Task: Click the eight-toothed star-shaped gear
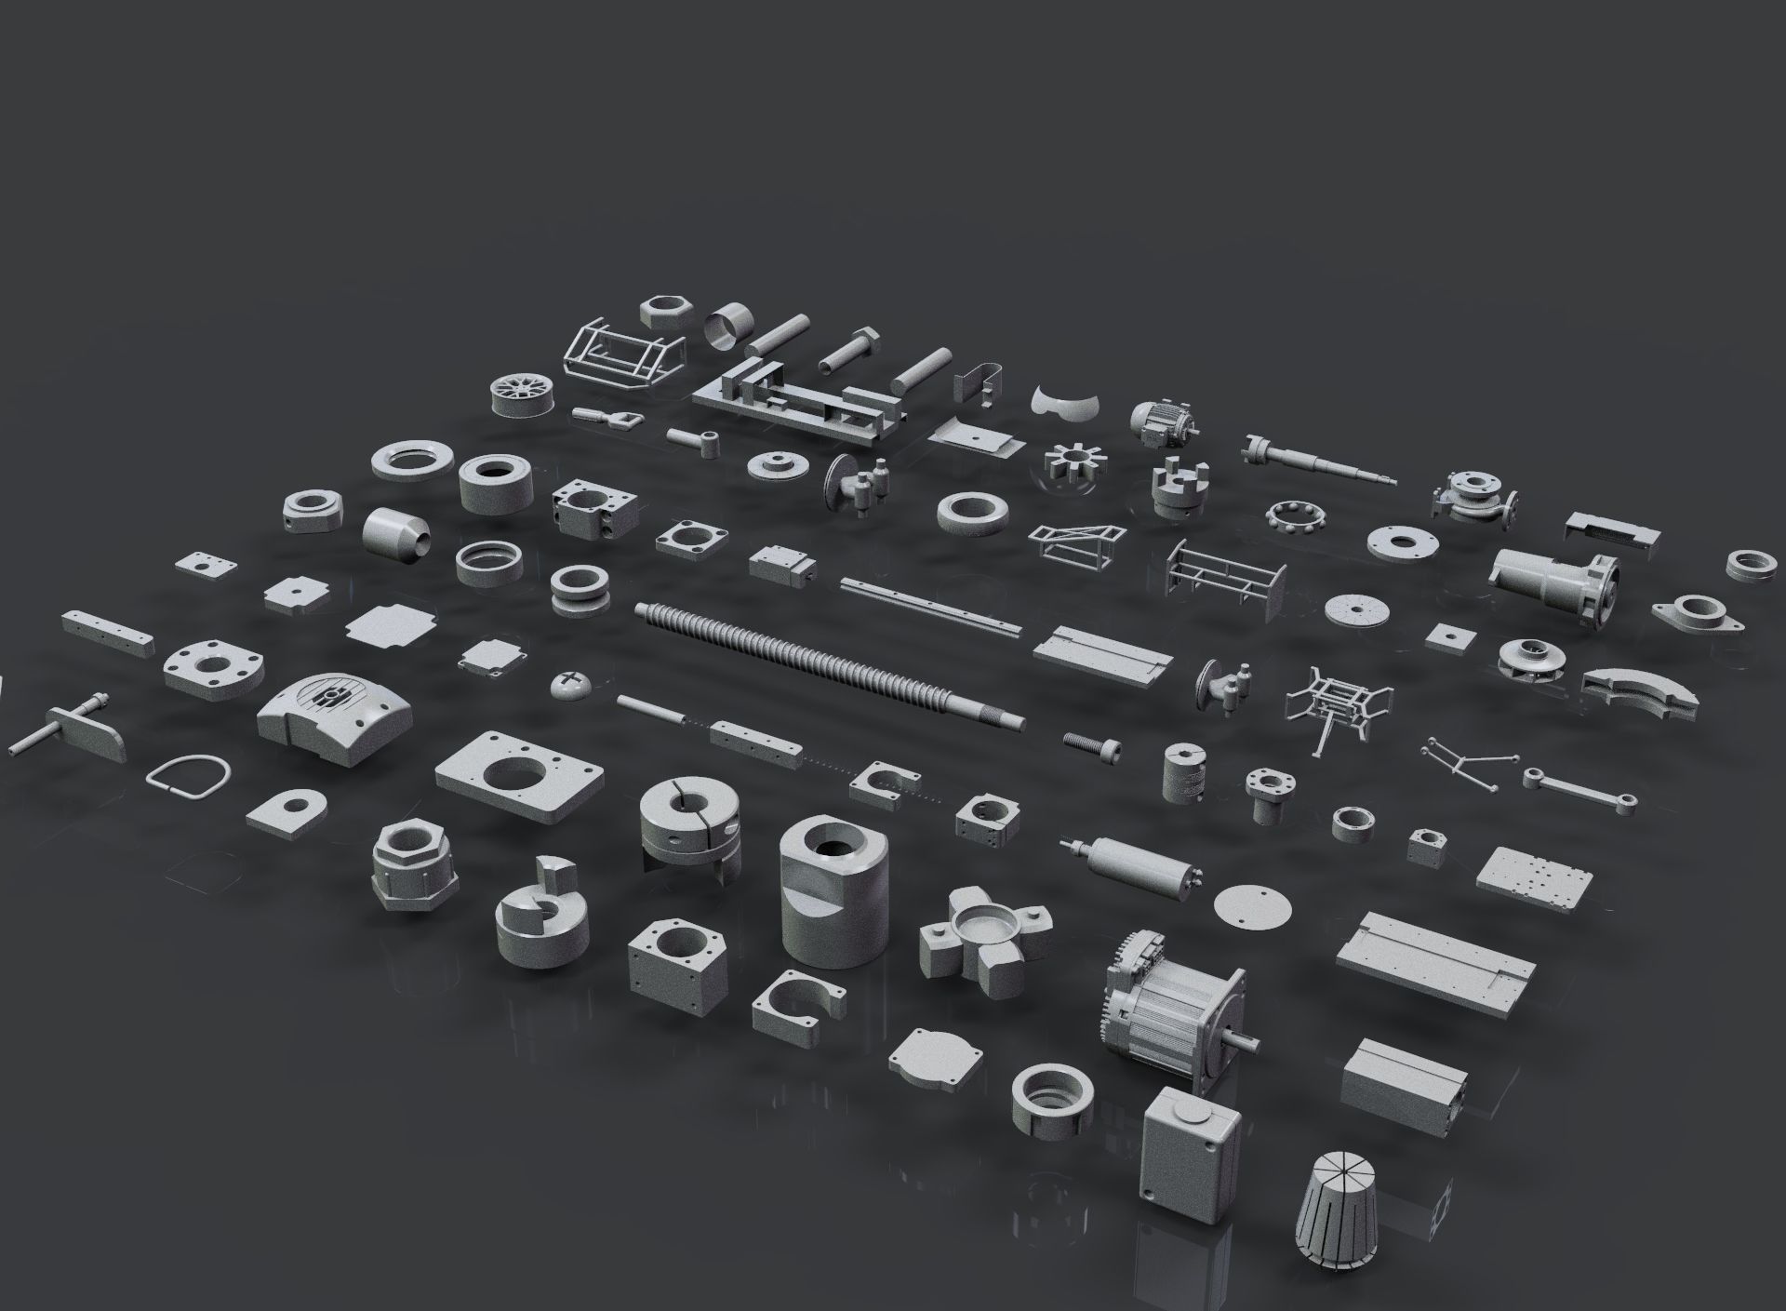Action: (1072, 463)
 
